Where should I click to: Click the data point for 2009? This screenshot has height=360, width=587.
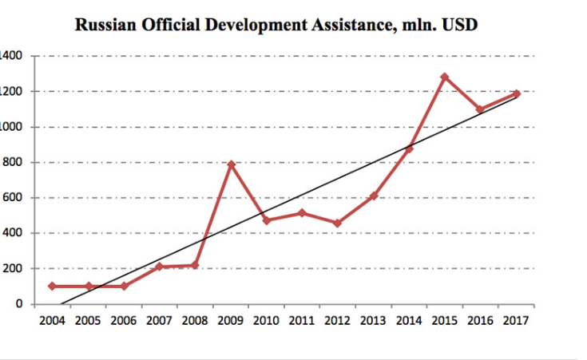click(x=231, y=164)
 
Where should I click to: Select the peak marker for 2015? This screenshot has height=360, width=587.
click(x=445, y=77)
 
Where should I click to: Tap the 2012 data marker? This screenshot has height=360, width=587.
click(x=338, y=224)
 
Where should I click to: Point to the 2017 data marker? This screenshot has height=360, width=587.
click(x=517, y=94)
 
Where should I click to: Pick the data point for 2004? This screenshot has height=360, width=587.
click(x=52, y=286)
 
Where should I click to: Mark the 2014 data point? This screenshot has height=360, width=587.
click(x=409, y=149)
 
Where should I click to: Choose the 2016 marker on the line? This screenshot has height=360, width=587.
click(x=481, y=109)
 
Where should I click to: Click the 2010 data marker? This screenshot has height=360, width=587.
click(x=267, y=220)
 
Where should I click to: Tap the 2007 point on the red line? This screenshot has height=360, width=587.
click(x=160, y=267)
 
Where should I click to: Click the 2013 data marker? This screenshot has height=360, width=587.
click(x=374, y=196)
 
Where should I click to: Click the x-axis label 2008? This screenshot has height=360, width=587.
click(x=195, y=322)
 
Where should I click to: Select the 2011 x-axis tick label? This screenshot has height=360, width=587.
click(x=302, y=322)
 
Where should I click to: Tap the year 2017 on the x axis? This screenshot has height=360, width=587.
click(x=517, y=322)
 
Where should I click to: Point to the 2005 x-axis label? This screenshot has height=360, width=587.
click(x=88, y=322)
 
